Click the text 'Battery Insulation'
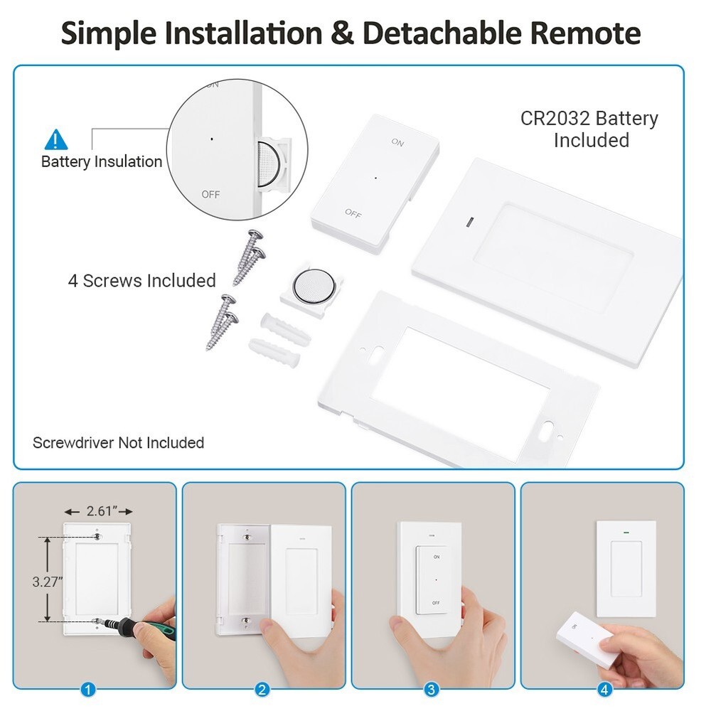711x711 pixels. [102, 162]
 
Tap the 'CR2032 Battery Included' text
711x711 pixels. [589, 129]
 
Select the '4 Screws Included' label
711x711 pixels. [141, 280]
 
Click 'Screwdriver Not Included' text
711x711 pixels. [118, 443]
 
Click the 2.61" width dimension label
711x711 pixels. [100, 511]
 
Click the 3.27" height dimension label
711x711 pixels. [48, 581]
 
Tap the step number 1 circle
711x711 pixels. [88, 689]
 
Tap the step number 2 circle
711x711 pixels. [262, 689]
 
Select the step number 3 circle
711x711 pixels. [431, 689]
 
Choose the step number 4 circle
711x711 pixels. [604, 689]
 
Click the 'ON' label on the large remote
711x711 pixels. [397, 143]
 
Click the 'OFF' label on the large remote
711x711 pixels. [353, 212]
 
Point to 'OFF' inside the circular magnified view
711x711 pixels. [210, 194]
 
